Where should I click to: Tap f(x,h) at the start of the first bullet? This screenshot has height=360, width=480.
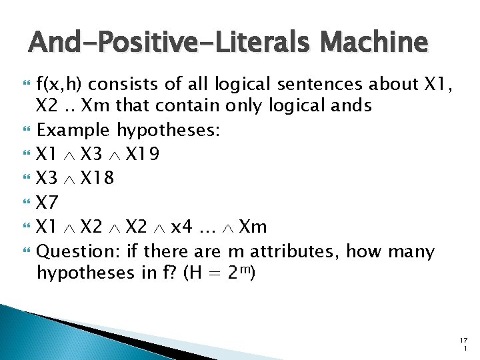pyautogui.click(x=59, y=85)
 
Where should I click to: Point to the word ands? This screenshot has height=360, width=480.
pyautogui.click(x=351, y=105)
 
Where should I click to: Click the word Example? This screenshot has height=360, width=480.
pyautogui.click(x=74, y=129)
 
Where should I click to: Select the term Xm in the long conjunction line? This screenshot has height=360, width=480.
pyautogui.click(x=253, y=227)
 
